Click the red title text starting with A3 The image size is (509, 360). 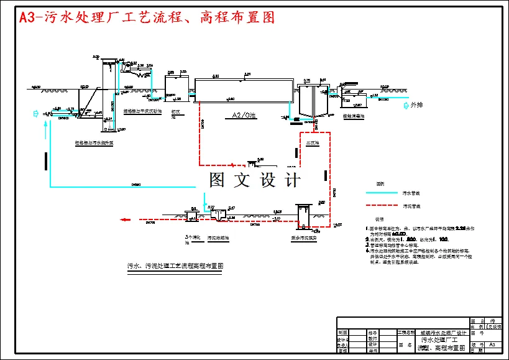pyautogui.click(x=147, y=17)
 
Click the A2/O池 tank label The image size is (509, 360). pyautogui.click(x=244, y=115)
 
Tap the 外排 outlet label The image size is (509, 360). pyautogui.click(x=416, y=105)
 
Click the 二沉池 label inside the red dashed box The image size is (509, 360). pyautogui.click(x=312, y=143)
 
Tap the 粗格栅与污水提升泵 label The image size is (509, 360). pyautogui.click(x=94, y=143)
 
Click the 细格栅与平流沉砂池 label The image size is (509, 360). pyautogui.click(x=142, y=111)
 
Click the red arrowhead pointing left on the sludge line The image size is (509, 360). pyautogui.click(x=126, y=219)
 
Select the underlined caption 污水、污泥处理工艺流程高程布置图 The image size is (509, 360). pyautogui.click(x=175, y=265)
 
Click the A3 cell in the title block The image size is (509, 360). pyautogui.click(x=492, y=344)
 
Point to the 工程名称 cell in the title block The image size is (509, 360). pyautogui.click(x=406, y=333)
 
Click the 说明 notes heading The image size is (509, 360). pyautogui.click(x=378, y=219)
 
